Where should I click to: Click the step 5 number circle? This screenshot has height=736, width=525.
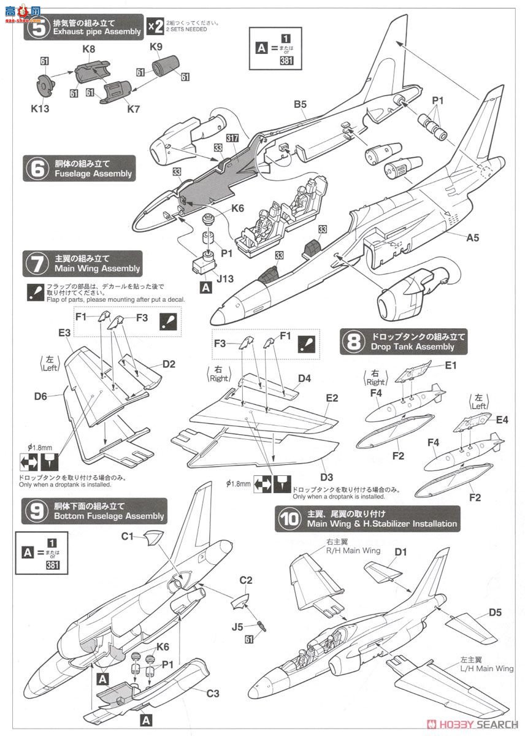click(38, 28)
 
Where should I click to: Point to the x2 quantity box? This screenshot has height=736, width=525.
click(155, 26)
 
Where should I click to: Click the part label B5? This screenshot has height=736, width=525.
click(300, 104)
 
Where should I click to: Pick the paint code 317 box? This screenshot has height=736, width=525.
click(232, 139)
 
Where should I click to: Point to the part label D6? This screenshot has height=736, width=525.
click(40, 396)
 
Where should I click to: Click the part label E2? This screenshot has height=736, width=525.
click(332, 398)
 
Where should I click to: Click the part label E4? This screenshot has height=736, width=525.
click(502, 420)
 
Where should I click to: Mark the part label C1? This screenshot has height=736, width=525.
click(127, 536)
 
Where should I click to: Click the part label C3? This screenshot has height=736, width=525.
click(213, 694)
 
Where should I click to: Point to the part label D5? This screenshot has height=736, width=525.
click(495, 611)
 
